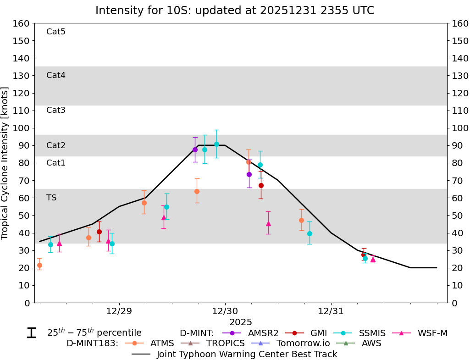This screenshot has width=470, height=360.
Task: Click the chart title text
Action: [x=235, y=10]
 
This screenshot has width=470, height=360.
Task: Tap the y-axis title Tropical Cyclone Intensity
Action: [x=6, y=163]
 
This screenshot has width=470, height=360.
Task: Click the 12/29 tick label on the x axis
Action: [x=119, y=311]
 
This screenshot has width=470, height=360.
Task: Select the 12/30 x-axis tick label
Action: [x=225, y=311]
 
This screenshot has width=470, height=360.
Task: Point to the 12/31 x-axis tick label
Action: [x=331, y=311]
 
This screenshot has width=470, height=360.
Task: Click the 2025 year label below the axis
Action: [x=241, y=322]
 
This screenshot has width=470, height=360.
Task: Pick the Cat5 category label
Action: [x=56, y=32]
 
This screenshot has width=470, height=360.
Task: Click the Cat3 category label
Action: [x=56, y=110]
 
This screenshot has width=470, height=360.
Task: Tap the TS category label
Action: [x=51, y=198]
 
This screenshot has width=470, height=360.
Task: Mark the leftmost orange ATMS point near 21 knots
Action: [x=39, y=265]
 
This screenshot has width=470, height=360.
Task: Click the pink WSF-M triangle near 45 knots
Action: [x=268, y=223]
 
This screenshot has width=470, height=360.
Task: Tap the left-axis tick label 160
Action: [x=22, y=23]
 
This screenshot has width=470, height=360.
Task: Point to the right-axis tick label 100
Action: [x=459, y=128]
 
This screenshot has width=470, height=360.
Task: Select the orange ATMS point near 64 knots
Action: [x=197, y=191]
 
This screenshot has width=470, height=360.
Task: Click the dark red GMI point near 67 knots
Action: [x=261, y=185]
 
